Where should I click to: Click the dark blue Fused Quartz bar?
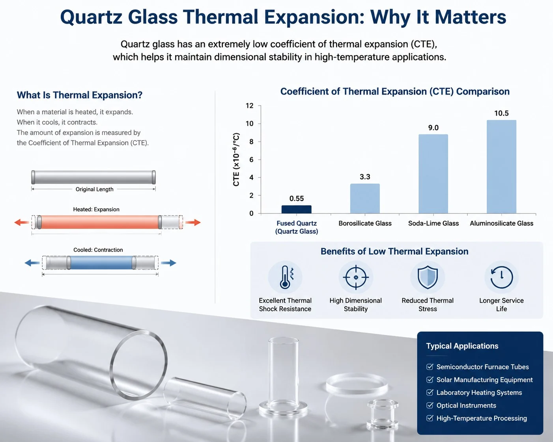coord(296,209)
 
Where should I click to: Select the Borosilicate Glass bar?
coord(365,199)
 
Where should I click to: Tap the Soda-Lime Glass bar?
coord(433,174)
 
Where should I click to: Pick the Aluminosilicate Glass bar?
coord(501,167)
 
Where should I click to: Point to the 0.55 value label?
coord(297,199)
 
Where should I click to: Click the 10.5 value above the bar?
coord(501,113)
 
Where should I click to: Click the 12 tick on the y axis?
coord(250,106)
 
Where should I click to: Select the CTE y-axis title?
coord(236,160)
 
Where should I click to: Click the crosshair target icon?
coord(356,277)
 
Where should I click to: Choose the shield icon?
coord(428,277)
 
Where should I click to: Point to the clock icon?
coord(501,277)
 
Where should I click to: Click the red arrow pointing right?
coord(193,222)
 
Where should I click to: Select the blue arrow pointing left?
coord(32,263)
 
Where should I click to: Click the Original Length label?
coord(94,189)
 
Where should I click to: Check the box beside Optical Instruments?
coord(430,405)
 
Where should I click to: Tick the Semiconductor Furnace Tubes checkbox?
coord(430,367)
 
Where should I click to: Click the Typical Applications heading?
coord(462,346)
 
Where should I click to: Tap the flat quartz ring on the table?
coord(357,384)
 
